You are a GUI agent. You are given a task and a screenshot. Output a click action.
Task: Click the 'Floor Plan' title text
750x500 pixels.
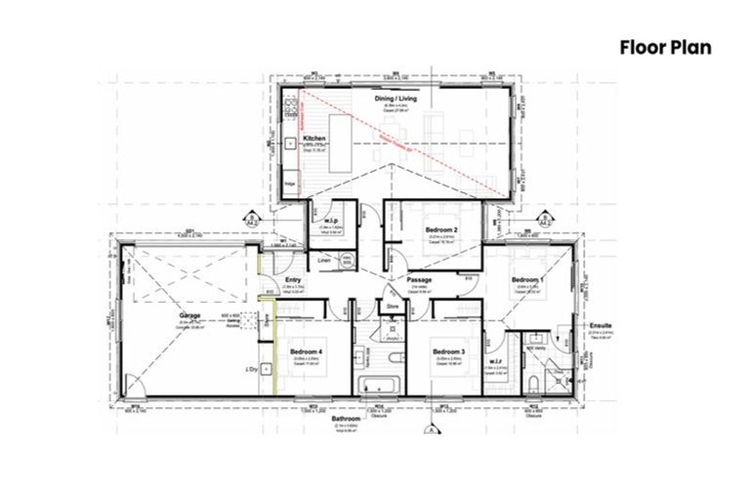665,47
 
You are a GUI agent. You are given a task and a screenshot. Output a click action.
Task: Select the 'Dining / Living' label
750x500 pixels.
398,99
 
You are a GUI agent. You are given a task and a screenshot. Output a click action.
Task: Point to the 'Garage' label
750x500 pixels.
190,315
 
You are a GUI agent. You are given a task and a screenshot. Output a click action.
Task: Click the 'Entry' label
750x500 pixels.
292,280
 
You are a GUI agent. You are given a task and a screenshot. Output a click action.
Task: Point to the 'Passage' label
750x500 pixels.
420,280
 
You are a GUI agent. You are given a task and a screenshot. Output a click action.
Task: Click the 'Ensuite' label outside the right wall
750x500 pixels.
601,324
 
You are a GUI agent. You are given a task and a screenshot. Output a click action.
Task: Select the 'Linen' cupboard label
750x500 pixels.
325,260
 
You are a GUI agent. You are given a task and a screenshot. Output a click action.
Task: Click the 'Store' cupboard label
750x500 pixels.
394,307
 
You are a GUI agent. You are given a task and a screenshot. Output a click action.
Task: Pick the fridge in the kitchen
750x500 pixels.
290,183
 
